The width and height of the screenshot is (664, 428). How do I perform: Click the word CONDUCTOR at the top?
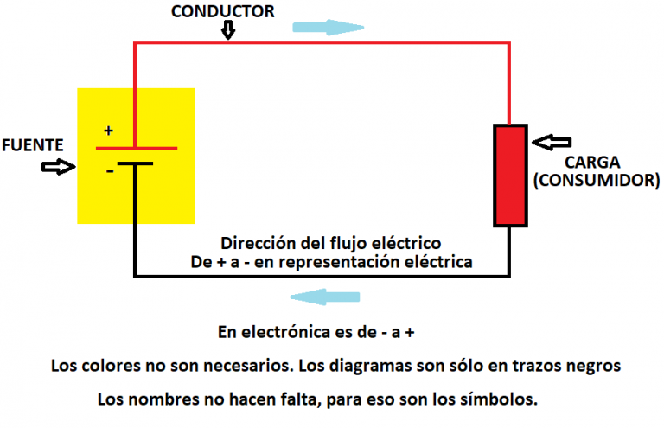(x=223, y=11)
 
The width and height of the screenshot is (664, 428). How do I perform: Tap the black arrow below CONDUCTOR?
(x=228, y=31)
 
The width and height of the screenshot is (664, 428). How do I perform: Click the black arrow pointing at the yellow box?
(x=58, y=167)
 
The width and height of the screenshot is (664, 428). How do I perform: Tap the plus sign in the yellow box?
(x=108, y=131)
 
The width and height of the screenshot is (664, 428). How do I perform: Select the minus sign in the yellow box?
(x=109, y=171)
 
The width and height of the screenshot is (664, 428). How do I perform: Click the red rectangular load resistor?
(x=509, y=176)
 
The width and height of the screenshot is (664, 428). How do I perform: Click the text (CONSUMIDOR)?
(x=597, y=181)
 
